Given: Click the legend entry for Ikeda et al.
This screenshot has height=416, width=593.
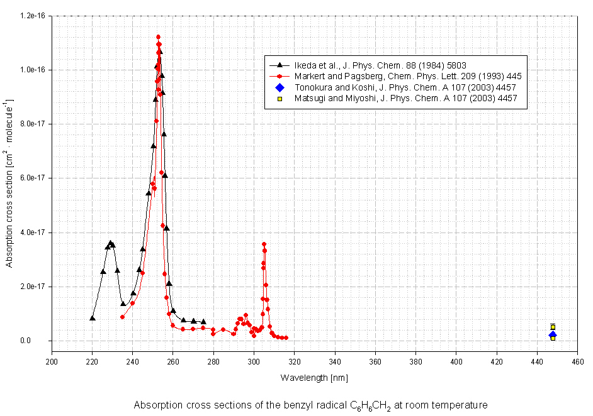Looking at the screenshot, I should click(x=377, y=64).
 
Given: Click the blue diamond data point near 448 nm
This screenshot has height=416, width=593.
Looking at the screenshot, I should click(x=552, y=335).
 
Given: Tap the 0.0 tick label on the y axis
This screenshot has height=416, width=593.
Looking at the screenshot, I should click(x=43, y=341).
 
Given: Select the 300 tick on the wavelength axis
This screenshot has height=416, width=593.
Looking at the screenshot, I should click(x=254, y=362).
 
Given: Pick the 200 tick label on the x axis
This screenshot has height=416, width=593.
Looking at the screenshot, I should click(x=52, y=362).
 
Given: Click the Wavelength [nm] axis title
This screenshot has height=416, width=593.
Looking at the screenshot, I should click(x=314, y=378).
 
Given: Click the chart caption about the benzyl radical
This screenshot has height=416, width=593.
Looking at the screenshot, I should click(x=310, y=405).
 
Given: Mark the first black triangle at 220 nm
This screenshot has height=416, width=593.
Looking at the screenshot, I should click(x=93, y=318).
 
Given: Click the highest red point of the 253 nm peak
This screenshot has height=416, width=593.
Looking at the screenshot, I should click(x=158, y=37).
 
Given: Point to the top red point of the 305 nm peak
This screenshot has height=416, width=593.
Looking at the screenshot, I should click(x=264, y=244).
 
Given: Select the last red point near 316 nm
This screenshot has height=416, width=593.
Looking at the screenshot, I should click(x=286, y=337).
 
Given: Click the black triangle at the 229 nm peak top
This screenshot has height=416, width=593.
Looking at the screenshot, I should click(x=110, y=243).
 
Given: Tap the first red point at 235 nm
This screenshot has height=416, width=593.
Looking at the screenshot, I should click(x=122, y=317).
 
